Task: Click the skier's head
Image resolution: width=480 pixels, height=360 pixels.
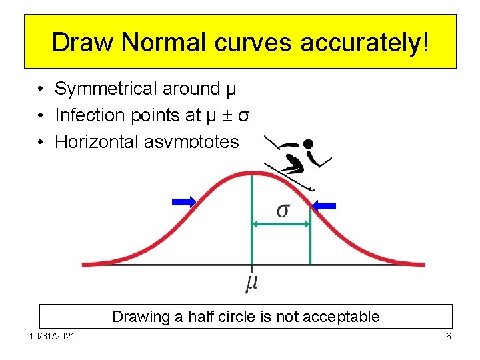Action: tap(308, 143)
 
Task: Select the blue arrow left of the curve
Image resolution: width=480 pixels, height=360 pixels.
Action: tap(183, 201)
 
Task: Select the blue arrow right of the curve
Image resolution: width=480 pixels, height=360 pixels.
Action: tap(325, 206)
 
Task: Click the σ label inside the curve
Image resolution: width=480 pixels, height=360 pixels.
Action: tap(283, 210)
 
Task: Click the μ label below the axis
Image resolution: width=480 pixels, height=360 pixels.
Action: tap(251, 282)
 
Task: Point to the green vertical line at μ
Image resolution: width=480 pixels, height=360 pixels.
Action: tap(251, 220)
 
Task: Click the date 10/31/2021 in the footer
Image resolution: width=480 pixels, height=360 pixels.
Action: tap(52, 336)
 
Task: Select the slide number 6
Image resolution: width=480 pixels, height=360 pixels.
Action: tap(449, 336)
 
